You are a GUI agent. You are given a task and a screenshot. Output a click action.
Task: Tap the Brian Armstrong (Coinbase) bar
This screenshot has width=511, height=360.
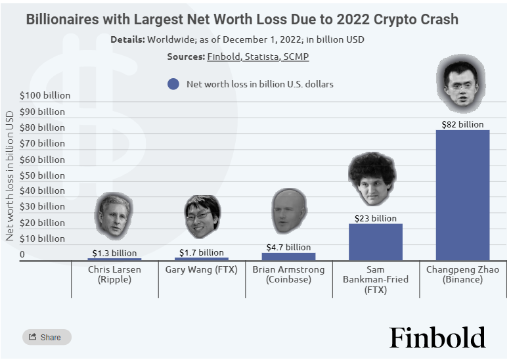tap(288, 256)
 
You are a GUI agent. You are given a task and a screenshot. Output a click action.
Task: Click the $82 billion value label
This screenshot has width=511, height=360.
tap(462, 124)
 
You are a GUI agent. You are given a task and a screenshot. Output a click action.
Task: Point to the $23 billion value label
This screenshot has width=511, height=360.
tap(375, 218)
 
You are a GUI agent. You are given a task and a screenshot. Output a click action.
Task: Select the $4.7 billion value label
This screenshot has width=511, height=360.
tap(288, 247)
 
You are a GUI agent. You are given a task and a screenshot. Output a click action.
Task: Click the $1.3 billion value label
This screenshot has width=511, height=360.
tap(114, 253)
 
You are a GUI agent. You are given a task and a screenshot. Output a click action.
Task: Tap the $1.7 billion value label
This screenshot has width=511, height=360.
tap(201, 252)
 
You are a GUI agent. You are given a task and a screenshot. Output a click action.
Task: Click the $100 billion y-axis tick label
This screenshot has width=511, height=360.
tap(45, 95)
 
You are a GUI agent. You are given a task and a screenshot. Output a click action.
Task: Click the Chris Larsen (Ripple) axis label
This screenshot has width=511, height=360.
tap(114, 275)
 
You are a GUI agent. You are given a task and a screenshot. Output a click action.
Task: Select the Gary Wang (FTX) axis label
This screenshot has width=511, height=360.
tap(201, 269)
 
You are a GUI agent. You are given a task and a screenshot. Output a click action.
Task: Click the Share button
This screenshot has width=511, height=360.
tap(46, 337)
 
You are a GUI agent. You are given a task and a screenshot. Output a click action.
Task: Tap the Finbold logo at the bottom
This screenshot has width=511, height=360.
tap(437, 337)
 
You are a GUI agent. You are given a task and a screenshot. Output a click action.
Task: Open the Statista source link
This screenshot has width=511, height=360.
tap(261, 56)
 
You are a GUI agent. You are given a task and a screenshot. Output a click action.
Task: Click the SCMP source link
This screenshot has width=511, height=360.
tap(296, 56)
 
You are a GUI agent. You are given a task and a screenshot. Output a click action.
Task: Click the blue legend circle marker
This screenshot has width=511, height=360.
tap(173, 84)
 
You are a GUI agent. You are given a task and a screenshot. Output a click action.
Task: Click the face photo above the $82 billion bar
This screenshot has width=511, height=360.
tap(460, 83)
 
